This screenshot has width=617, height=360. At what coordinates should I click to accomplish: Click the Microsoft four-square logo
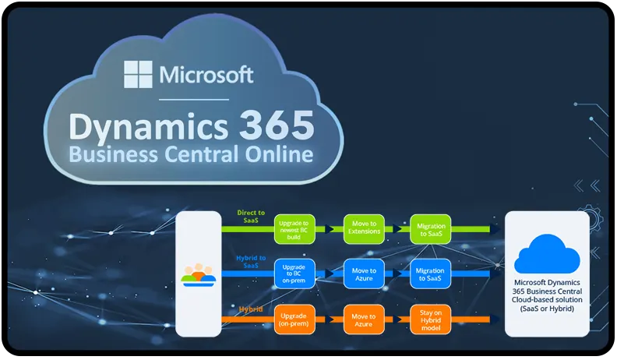pyautogui.click(x=139, y=74)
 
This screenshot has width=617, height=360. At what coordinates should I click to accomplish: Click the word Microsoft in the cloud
pyautogui.click(x=206, y=75)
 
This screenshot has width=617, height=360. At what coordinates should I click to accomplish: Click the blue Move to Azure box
pyautogui.click(x=365, y=274)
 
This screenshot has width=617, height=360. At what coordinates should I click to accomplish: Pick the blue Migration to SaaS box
pyautogui.click(x=431, y=274)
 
